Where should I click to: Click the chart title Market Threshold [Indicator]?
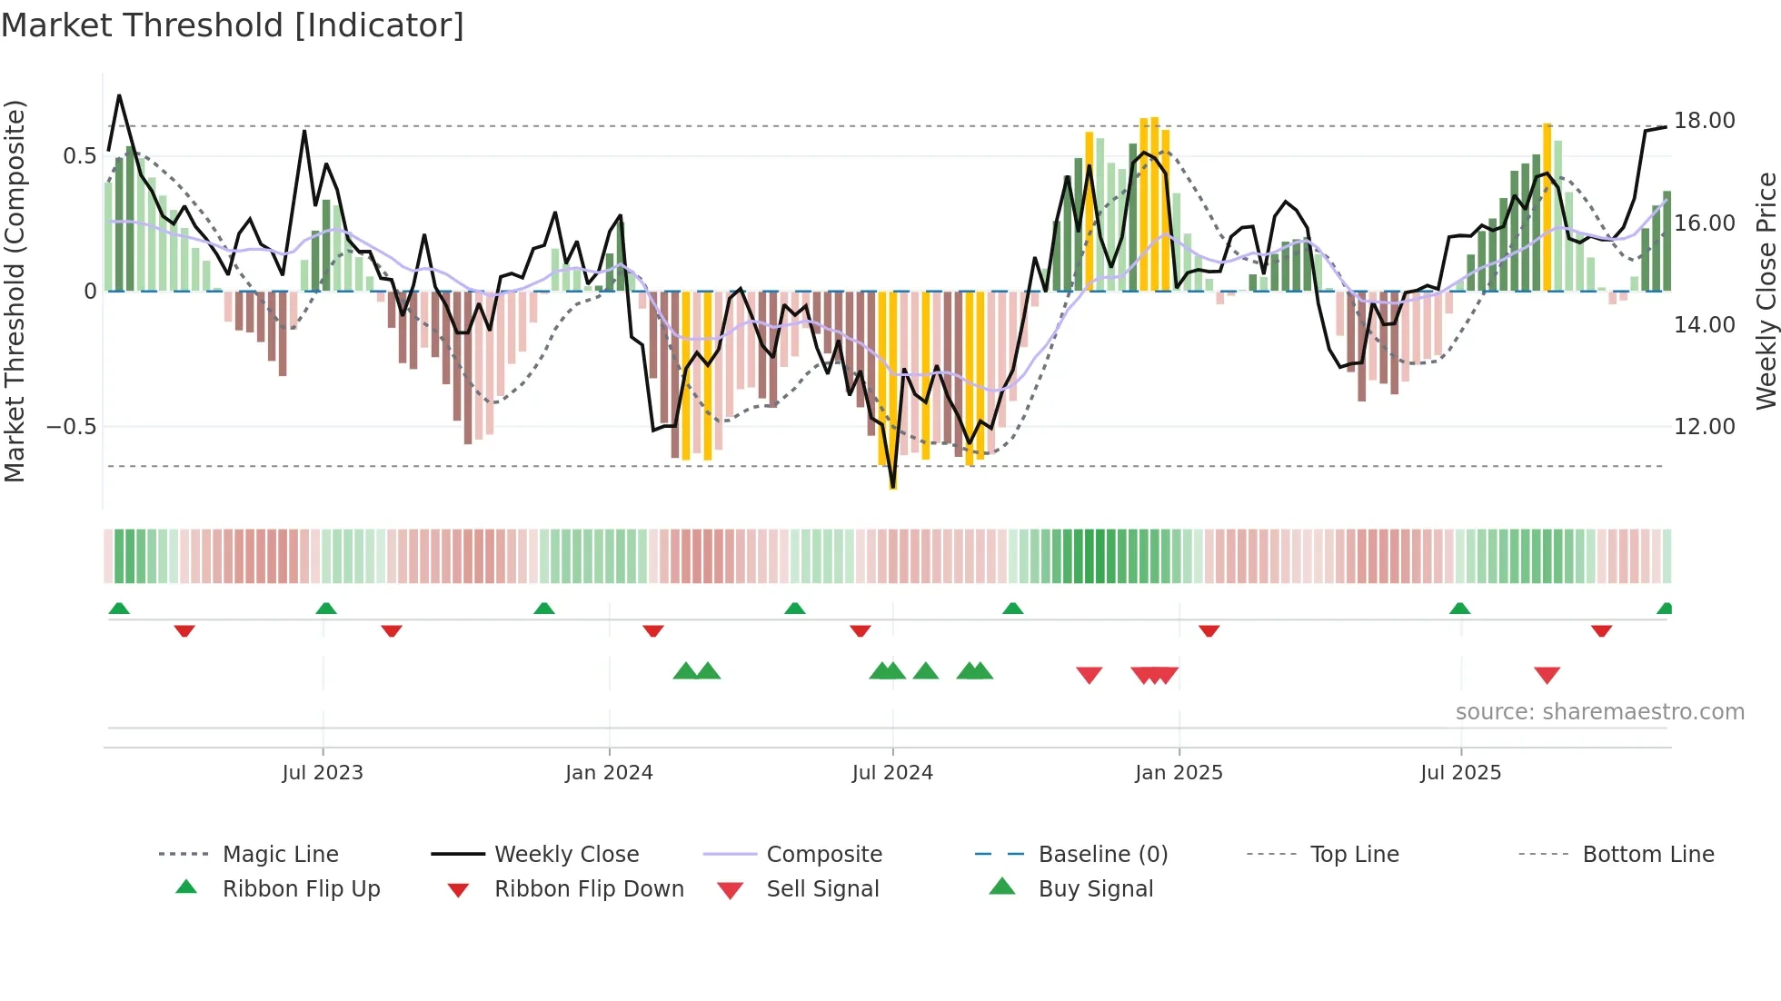tap(233, 25)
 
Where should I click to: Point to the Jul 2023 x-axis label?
tap(323, 773)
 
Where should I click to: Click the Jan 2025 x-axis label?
tap(1179, 773)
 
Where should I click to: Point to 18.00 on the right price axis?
tap(1704, 121)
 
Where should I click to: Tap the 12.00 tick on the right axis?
tap(1704, 427)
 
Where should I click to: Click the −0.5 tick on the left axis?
tap(72, 427)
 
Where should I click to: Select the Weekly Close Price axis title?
tap(1766, 291)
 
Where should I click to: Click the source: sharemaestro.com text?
tap(1599, 712)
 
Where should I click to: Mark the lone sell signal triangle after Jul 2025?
tap(1547, 675)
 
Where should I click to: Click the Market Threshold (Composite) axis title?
tap(15, 291)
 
